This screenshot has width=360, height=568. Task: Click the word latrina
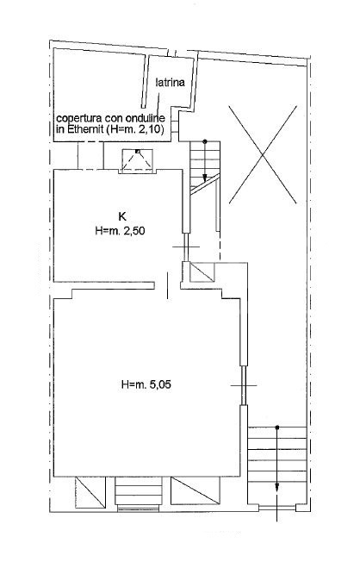(171, 83)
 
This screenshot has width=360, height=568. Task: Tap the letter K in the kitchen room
(121, 216)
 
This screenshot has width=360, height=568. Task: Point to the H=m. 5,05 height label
(146, 385)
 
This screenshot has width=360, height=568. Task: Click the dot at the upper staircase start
(205, 140)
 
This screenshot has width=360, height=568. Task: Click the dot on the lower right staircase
(276, 428)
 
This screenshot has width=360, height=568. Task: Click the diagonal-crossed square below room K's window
(202, 273)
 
